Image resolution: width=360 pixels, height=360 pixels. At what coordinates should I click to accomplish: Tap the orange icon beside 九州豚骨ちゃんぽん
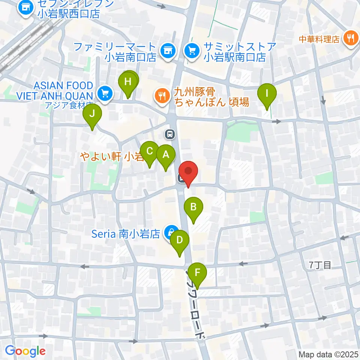pos(162,96)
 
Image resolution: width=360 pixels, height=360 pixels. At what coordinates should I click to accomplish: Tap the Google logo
pos(25,351)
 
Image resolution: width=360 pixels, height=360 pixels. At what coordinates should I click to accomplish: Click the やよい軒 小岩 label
pos(111,156)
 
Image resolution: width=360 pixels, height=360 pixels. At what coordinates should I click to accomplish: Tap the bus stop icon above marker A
pos(170,133)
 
